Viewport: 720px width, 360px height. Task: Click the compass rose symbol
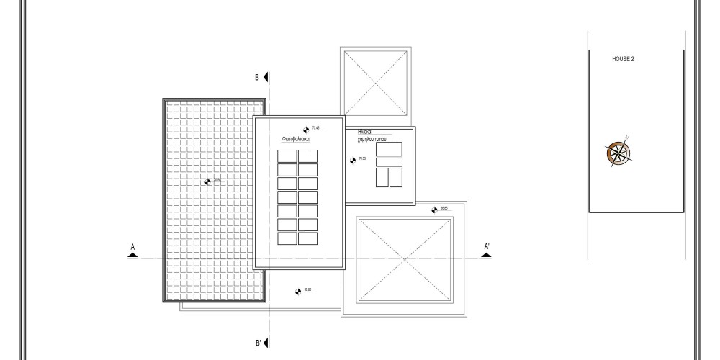coord(618,152)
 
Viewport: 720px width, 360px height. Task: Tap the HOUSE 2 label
coord(623,59)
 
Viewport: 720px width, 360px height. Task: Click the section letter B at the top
coord(256,77)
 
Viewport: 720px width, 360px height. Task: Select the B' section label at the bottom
coord(258,343)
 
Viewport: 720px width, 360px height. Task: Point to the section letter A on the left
coord(132,247)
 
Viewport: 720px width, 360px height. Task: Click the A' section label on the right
coord(487,247)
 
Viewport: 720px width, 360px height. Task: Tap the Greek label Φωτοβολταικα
coord(296,138)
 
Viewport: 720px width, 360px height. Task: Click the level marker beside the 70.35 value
coord(353,160)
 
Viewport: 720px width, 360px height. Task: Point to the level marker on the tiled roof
coord(208,181)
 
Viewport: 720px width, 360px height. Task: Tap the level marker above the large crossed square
coord(434,210)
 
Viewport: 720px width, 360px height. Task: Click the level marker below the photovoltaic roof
coord(297,291)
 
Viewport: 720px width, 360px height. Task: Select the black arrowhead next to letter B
coord(266,77)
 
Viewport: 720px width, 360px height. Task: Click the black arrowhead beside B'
coord(267,343)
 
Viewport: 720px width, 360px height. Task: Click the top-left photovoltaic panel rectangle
coord(287,156)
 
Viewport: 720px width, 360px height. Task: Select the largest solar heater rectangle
coord(389,149)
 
